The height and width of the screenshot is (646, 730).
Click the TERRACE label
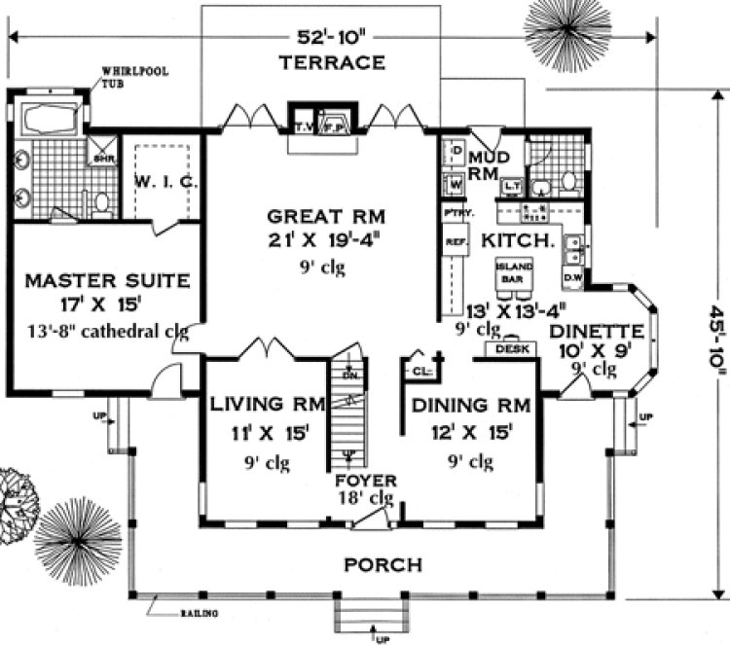tap(332, 64)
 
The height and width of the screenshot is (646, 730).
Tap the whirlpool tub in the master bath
tap(48, 121)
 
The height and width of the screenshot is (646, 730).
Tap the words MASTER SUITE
tap(107, 281)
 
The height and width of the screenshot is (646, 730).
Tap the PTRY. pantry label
tap(453, 212)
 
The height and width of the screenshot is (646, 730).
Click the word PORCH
tap(383, 564)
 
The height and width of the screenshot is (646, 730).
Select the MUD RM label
tap(484, 164)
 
